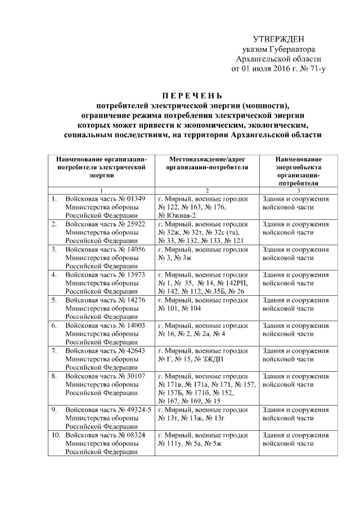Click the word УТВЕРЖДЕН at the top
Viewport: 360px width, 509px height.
(279, 39)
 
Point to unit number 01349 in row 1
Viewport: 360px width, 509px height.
(137, 199)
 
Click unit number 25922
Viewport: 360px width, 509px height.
(137, 224)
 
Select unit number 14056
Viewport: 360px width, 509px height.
(137, 249)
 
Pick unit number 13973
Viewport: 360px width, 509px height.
(137, 274)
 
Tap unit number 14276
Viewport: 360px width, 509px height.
(137, 300)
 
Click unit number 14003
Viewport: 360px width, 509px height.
(137, 325)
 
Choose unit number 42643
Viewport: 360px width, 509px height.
(137, 350)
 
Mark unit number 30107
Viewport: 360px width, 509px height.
(137, 376)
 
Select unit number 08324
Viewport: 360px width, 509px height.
(137, 435)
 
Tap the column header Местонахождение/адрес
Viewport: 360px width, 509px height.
(206, 159)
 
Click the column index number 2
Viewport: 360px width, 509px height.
(206, 190)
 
